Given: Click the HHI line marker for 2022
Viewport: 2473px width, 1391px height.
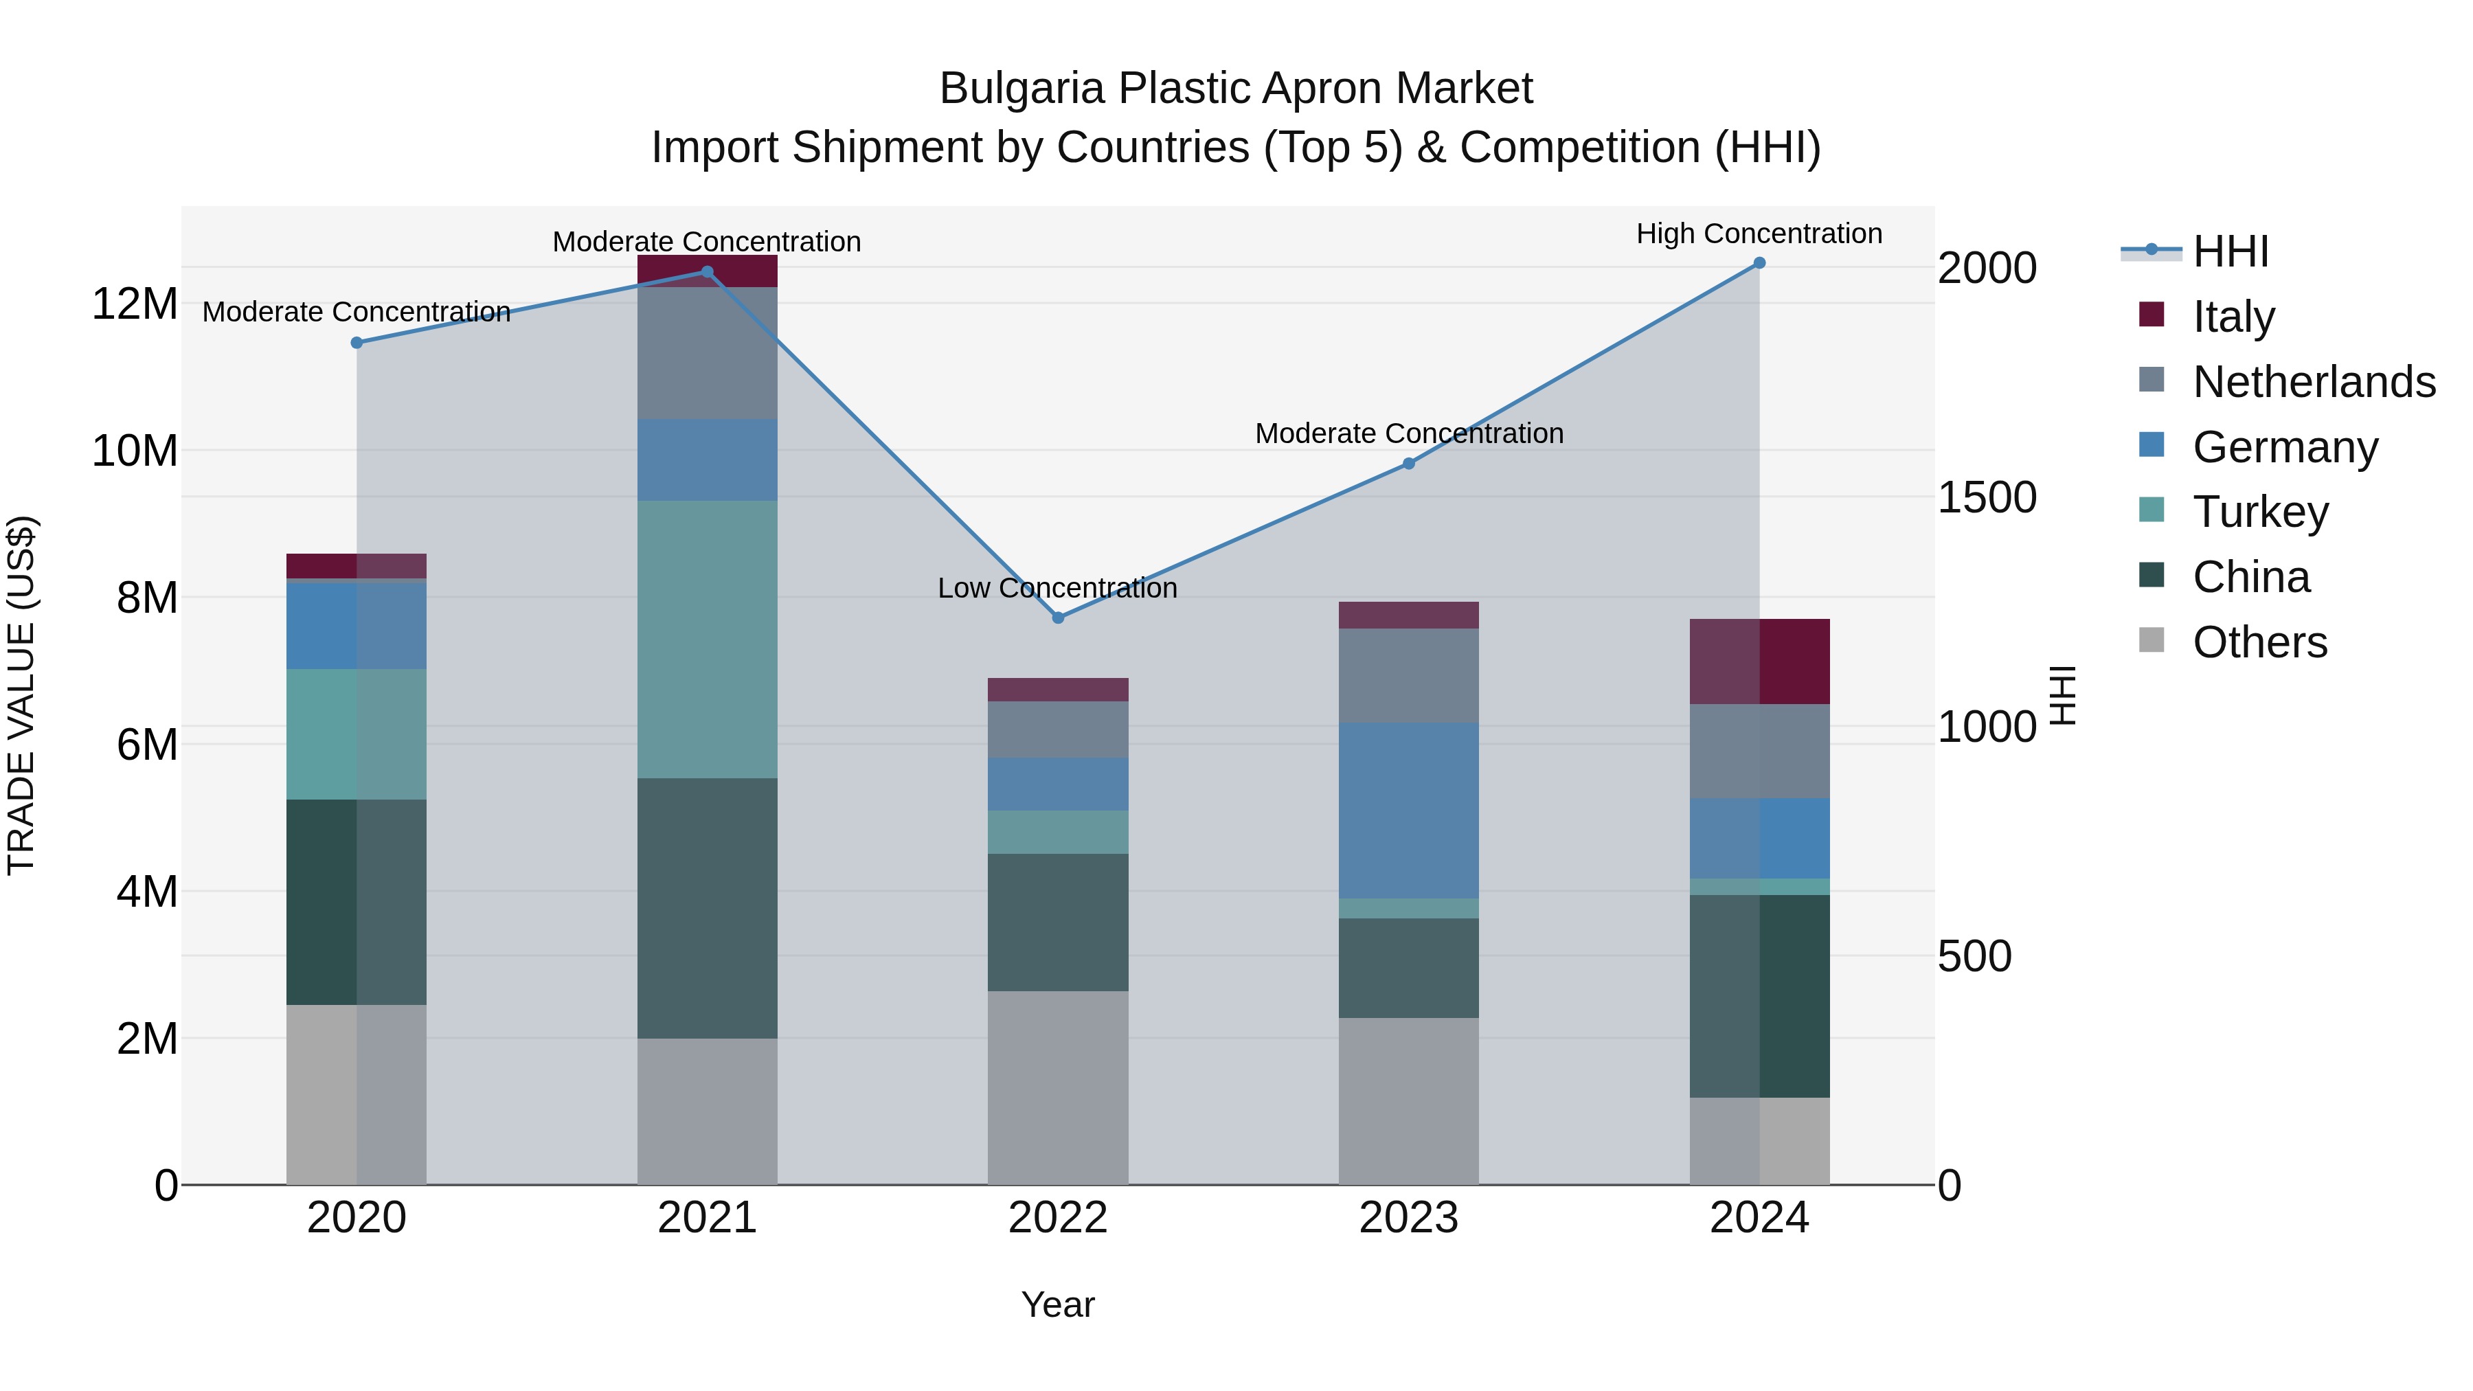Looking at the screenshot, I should click(1058, 618).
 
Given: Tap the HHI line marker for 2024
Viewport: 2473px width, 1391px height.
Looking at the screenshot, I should click(1759, 262).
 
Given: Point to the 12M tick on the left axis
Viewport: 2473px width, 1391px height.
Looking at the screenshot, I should click(135, 304).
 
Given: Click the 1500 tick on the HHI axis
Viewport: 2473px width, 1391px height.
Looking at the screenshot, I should click(1986, 497).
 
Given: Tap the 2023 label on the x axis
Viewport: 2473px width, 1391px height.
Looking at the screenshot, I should click(1408, 1217).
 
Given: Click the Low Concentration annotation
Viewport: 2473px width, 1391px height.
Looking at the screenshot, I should click(1057, 587).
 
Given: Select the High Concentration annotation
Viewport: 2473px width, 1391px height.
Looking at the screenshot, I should click(1759, 234).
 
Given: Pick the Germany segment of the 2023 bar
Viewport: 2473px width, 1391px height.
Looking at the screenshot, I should click(1408, 811).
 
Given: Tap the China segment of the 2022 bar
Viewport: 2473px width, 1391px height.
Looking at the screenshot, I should click(1058, 922).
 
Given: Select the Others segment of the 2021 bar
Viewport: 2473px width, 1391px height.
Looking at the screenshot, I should click(708, 1111).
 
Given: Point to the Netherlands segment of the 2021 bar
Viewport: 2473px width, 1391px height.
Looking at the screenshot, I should click(708, 352).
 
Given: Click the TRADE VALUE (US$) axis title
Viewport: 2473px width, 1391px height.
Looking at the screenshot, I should click(21, 695).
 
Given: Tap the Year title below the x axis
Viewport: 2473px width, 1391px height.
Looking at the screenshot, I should click(1058, 1304).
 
